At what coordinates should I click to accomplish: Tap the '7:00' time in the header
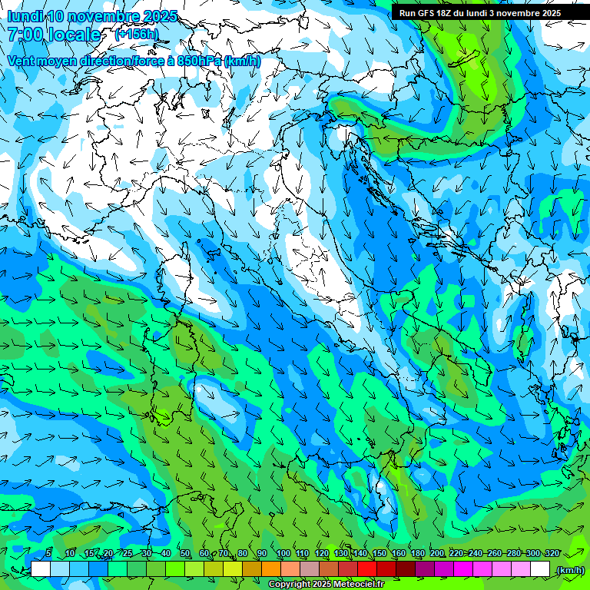pos(26,35)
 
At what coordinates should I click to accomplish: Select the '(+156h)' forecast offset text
pos(136,35)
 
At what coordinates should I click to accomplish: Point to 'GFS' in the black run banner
pos(429,13)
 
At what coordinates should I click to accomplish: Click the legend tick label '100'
pos(283,553)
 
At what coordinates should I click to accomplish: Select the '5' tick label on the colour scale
pos(48,553)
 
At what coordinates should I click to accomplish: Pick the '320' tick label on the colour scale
pos(552,553)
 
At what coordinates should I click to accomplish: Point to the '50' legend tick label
pos(185,553)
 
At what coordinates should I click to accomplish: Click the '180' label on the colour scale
pos(417,553)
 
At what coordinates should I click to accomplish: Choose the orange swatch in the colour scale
pos(271,569)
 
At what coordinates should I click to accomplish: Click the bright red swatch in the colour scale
pos(367,569)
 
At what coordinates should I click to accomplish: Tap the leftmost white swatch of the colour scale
pos(41,569)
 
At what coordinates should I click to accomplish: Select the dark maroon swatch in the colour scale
pos(406,569)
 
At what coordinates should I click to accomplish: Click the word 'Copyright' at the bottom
pos(289,585)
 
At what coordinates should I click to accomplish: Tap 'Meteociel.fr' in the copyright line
pos(360,585)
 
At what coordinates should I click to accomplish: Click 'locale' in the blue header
pos(75,35)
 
